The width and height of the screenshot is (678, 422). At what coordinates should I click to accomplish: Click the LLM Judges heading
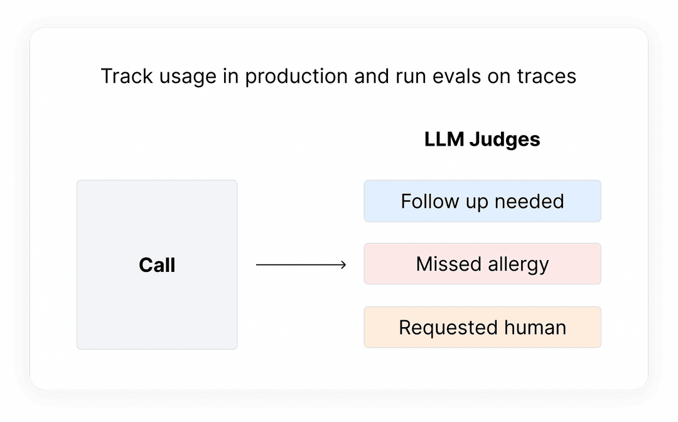[x=482, y=139]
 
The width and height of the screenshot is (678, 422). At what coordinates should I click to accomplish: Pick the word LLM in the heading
[x=444, y=139]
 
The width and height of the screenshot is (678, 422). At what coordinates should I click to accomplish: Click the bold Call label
[x=157, y=265]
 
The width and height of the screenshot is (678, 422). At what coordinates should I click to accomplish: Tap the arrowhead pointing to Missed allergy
[x=343, y=265]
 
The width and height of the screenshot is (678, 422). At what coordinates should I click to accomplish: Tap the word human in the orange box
[x=535, y=327]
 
